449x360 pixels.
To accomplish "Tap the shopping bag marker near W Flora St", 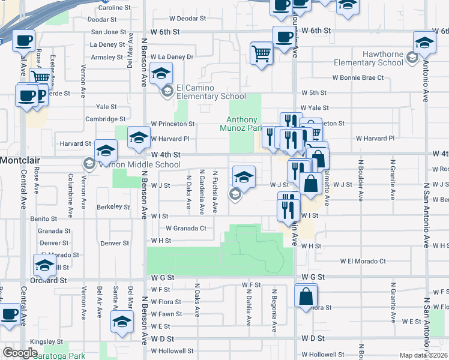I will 306,296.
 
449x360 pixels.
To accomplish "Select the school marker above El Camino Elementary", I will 161,74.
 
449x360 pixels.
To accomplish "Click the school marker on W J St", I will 244,177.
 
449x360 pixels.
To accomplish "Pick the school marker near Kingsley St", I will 122,322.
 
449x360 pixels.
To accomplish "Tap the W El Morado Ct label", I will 363,262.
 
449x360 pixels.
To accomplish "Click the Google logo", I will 20,353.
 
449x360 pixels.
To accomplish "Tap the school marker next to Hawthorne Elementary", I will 424,43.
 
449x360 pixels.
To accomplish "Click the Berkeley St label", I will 113,207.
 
